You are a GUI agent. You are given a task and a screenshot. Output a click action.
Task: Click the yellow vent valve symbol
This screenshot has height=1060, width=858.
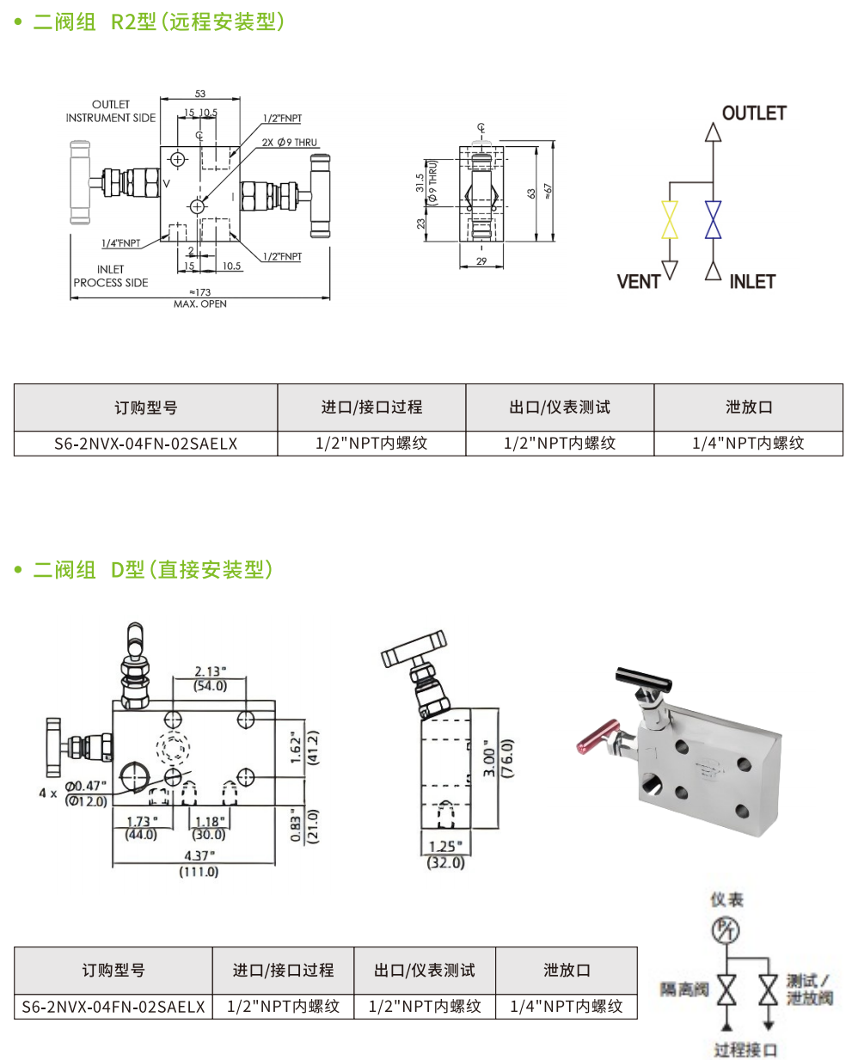click(669, 220)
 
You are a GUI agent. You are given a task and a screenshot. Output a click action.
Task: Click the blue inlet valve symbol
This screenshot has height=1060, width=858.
click(713, 220)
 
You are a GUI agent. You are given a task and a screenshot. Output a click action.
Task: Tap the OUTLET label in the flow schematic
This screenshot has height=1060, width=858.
click(754, 113)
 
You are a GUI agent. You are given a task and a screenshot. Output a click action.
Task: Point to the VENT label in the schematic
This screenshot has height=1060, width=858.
click(638, 282)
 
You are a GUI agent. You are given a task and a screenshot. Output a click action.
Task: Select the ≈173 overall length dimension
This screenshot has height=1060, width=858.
click(200, 292)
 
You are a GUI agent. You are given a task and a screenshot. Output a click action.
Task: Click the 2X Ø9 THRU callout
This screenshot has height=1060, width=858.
click(290, 143)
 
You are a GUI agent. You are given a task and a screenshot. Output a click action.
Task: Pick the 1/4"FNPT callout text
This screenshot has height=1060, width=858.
click(121, 243)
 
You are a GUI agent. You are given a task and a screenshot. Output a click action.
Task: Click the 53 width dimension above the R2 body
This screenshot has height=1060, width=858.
click(200, 94)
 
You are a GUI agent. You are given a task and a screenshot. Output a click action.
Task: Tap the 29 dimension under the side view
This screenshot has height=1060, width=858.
click(481, 261)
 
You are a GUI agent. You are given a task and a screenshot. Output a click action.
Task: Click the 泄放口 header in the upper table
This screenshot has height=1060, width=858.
click(748, 407)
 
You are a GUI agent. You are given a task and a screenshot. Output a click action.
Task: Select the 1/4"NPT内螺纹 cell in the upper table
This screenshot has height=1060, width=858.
click(748, 444)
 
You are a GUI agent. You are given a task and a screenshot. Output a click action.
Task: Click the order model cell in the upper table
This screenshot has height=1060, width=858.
click(145, 444)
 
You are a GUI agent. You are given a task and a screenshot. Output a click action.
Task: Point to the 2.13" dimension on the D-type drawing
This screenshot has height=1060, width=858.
click(210, 671)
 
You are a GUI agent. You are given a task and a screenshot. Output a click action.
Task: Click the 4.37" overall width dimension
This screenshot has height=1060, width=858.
click(199, 856)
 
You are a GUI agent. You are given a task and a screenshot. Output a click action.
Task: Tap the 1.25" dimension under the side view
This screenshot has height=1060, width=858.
click(445, 847)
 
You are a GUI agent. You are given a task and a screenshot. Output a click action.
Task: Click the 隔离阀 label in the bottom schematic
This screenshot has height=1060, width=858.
click(684, 990)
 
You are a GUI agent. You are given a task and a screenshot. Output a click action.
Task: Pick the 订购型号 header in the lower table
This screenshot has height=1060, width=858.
click(113, 971)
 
